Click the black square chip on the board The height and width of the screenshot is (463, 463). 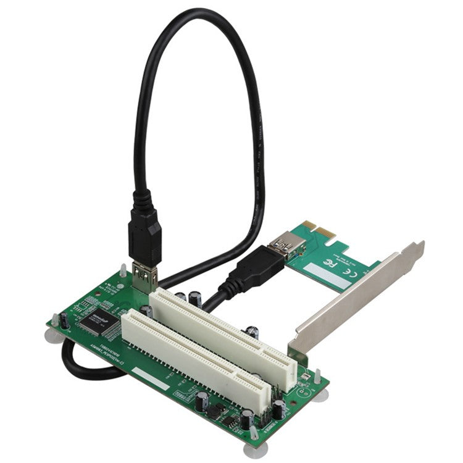point(94,320)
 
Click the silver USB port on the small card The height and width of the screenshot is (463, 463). point(288,244)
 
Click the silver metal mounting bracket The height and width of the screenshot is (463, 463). point(358,296)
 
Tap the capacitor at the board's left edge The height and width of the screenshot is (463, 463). point(63,320)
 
